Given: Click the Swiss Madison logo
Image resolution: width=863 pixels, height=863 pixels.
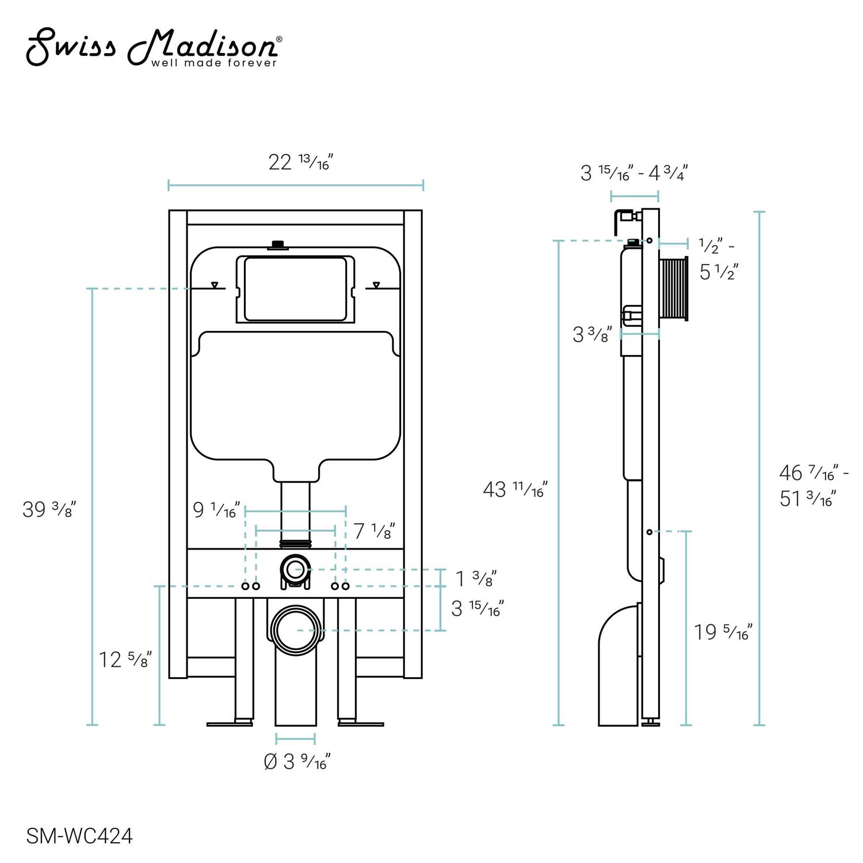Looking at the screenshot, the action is click(154, 49).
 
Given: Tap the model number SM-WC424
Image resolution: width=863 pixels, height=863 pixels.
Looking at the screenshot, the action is click(79, 836).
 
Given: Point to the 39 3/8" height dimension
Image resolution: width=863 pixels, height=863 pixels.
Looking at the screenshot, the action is click(49, 509).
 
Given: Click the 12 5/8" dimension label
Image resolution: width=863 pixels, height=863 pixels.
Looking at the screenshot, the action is click(125, 659).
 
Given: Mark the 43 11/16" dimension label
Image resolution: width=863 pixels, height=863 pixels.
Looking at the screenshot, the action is click(515, 490).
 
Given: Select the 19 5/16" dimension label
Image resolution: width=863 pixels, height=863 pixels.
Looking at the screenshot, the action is click(723, 632).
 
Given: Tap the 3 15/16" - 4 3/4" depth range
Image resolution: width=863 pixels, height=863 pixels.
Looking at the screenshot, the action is click(634, 173).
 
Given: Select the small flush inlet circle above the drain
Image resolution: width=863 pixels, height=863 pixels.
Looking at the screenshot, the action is click(296, 570).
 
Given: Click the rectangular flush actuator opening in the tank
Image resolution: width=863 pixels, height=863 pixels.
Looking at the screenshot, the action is click(295, 289).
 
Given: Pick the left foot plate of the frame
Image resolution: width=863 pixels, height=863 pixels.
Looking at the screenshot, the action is click(230, 723).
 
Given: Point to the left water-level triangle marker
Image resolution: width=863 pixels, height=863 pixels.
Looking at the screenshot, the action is click(215, 285).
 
